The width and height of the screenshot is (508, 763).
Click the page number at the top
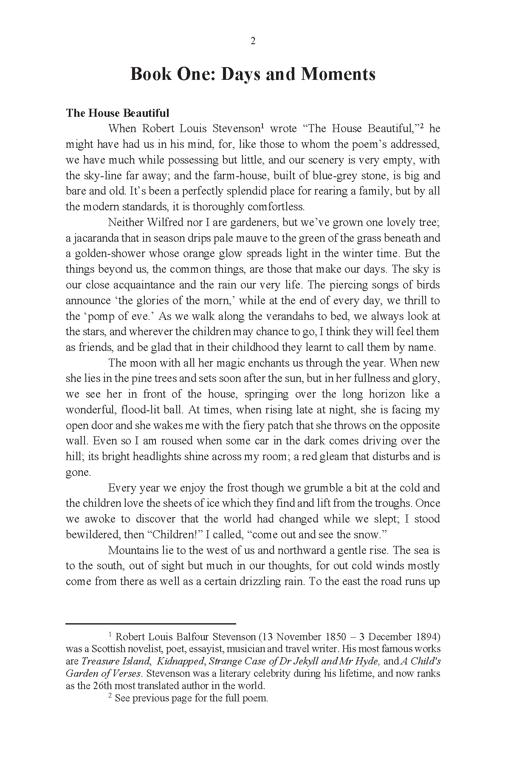253,41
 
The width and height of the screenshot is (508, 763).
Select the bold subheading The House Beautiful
117,113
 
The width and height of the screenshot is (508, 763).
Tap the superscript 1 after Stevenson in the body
263,126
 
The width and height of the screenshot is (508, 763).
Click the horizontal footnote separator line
151,624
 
